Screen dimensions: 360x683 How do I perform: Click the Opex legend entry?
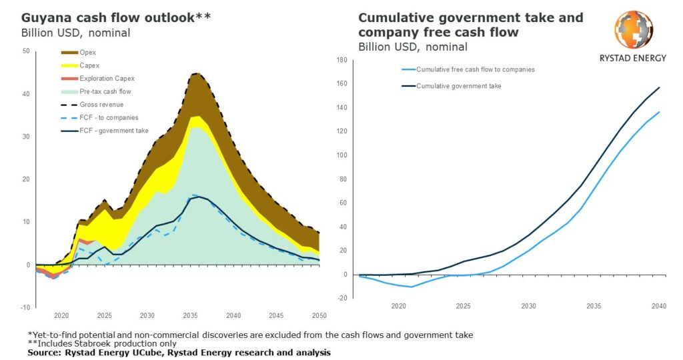click(x=87, y=51)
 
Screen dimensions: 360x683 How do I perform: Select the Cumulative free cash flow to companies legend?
click(x=475, y=69)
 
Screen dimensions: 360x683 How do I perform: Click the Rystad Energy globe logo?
click(x=633, y=31)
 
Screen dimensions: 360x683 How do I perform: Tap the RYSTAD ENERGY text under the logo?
click(x=633, y=58)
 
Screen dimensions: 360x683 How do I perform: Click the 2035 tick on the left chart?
click(x=191, y=315)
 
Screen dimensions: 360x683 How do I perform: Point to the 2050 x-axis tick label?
click(x=319, y=315)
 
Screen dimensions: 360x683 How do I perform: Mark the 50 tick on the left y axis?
click(x=25, y=51)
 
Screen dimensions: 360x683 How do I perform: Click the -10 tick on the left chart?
click(x=25, y=307)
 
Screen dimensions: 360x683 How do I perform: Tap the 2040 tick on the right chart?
click(x=659, y=306)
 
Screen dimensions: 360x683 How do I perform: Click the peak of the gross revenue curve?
click(x=195, y=73)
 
